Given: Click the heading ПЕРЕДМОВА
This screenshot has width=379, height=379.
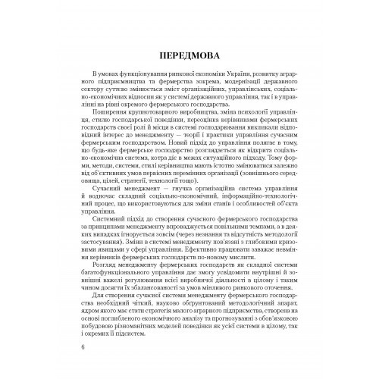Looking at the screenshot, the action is pos(189,58).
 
